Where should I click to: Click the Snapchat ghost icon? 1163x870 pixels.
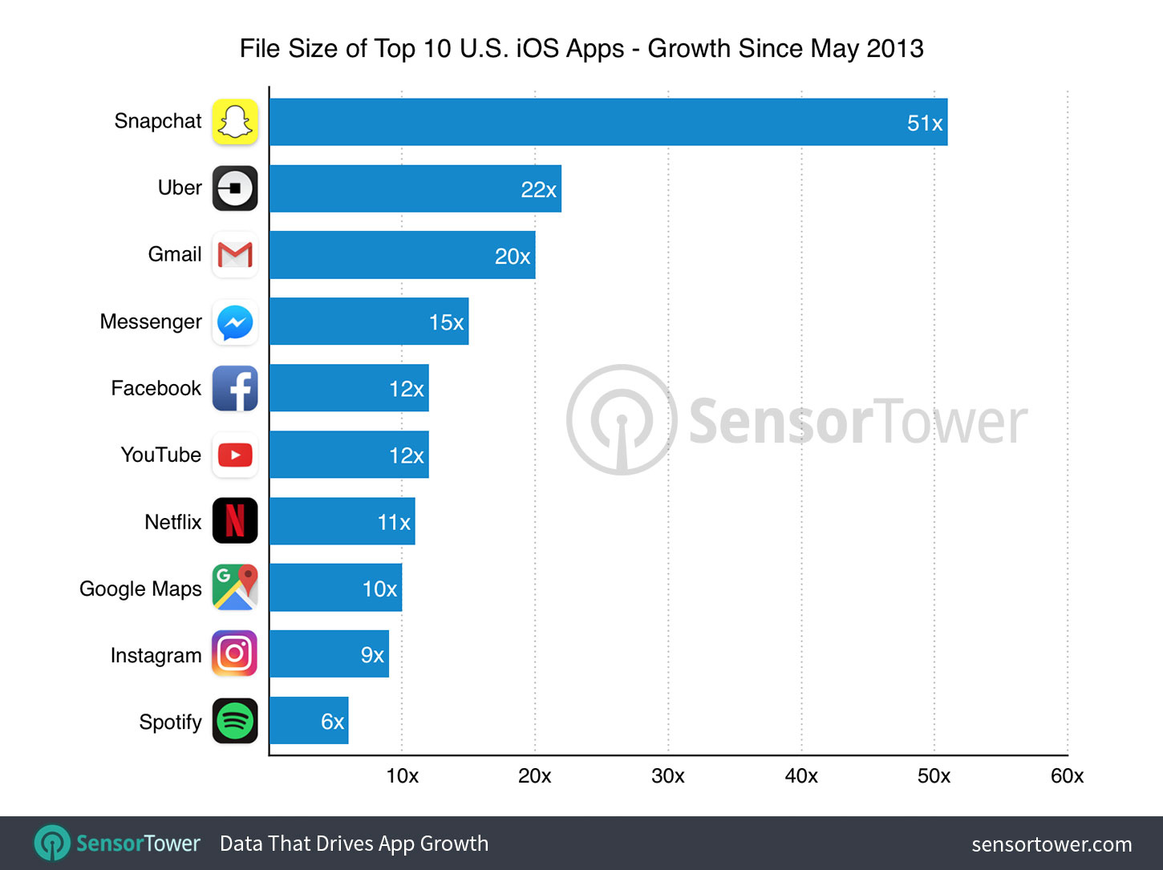(x=235, y=122)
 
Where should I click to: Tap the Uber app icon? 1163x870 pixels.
(x=235, y=188)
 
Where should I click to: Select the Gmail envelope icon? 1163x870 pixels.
(x=235, y=255)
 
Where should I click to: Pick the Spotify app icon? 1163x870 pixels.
(x=235, y=721)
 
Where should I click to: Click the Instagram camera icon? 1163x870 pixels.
(x=235, y=654)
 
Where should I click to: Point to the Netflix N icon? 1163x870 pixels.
(x=235, y=520)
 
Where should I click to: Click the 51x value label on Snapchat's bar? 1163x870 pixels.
(x=924, y=123)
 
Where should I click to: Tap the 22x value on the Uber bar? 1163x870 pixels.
(x=538, y=189)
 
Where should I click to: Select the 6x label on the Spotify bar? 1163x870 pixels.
(x=332, y=722)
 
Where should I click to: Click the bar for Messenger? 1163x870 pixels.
(x=369, y=322)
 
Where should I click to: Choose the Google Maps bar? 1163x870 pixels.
(x=335, y=588)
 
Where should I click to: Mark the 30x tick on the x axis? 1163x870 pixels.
(x=667, y=775)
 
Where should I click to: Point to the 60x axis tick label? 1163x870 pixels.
(x=1067, y=775)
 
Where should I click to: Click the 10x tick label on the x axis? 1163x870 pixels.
(x=402, y=775)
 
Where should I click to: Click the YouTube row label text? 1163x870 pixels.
(x=160, y=455)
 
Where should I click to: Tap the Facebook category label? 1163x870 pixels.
(x=156, y=388)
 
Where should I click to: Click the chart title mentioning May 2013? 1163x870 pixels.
(x=581, y=48)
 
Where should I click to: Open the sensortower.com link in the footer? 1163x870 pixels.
(x=1052, y=844)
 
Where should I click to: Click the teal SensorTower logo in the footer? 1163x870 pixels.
(x=117, y=844)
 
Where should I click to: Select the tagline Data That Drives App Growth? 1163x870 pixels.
(x=354, y=844)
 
